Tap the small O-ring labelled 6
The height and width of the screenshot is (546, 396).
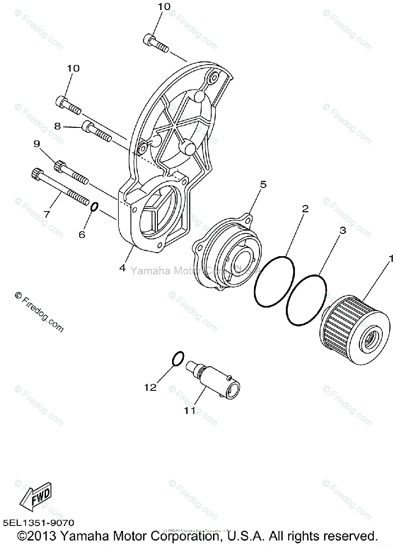coord(93,207)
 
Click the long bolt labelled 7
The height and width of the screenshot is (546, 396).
coord(59,187)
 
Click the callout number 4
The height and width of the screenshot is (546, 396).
coord(122,268)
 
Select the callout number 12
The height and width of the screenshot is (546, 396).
coord(150,388)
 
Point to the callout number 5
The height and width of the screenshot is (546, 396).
coord(263,184)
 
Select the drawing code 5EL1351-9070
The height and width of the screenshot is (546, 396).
coord(38,524)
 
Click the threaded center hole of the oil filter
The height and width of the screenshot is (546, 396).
coord(368,337)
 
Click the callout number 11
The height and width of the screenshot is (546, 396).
coord(189,410)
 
